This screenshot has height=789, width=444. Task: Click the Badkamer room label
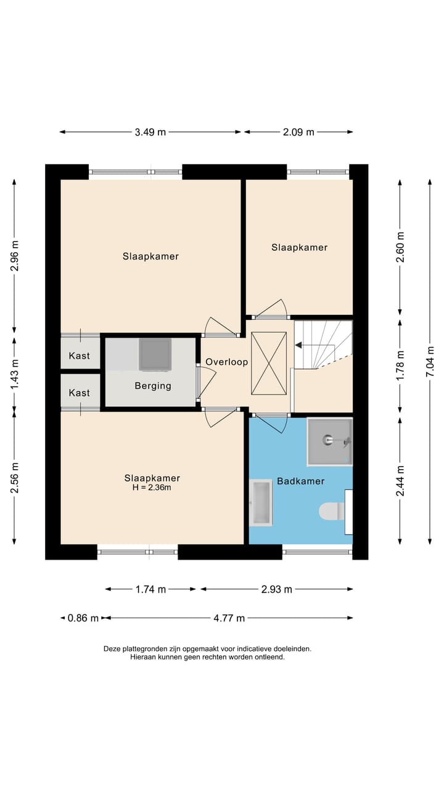[x=300, y=481]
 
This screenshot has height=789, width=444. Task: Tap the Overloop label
[x=226, y=362]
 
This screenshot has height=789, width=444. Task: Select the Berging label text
[x=153, y=386]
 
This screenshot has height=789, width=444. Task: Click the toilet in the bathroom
[x=332, y=511]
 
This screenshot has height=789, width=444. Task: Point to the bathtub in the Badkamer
[x=261, y=502]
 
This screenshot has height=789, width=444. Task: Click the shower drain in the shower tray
[x=327, y=439]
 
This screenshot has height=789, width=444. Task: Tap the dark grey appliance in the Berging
[x=155, y=354]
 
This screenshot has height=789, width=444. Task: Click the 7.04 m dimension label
[x=430, y=362]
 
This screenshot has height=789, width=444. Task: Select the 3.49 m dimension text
[x=150, y=132]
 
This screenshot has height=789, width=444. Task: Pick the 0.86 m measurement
[x=83, y=618]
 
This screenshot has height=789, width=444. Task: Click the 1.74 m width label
[x=150, y=589]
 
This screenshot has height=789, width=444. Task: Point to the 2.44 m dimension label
[x=400, y=481]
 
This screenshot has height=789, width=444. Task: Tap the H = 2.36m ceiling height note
[x=152, y=488]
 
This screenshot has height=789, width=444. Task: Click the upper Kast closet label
[x=80, y=356]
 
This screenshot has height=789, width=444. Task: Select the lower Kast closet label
[x=80, y=393]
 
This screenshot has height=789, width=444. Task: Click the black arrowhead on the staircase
[x=298, y=345]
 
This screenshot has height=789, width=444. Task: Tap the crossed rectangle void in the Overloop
[x=268, y=363]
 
